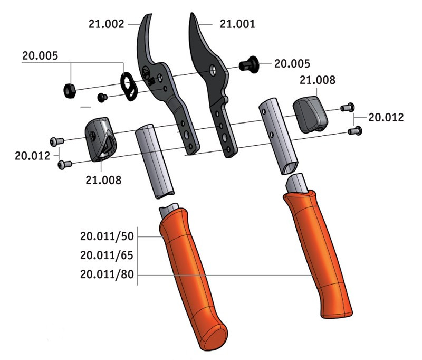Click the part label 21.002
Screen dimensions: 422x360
click(x=107, y=24)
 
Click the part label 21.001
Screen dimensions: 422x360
click(x=237, y=24)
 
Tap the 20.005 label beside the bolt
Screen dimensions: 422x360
click(x=292, y=64)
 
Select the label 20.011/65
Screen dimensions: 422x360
click(x=107, y=255)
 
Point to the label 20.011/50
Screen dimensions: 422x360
click(x=107, y=236)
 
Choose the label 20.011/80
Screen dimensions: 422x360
click(x=107, y=274)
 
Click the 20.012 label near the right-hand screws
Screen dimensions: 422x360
click(x=386, y=117)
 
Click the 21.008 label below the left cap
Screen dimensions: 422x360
click(x=103, y=180)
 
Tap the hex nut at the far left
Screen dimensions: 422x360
click(x=70, y=91)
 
